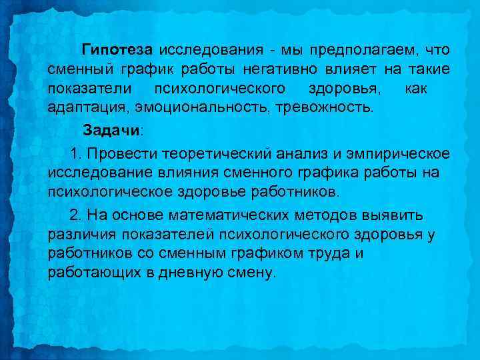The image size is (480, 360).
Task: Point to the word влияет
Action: click(x=349, y=69)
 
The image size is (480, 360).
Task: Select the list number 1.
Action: click(x=74, y=155)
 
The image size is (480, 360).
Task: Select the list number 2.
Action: click(x=74, y=217)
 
